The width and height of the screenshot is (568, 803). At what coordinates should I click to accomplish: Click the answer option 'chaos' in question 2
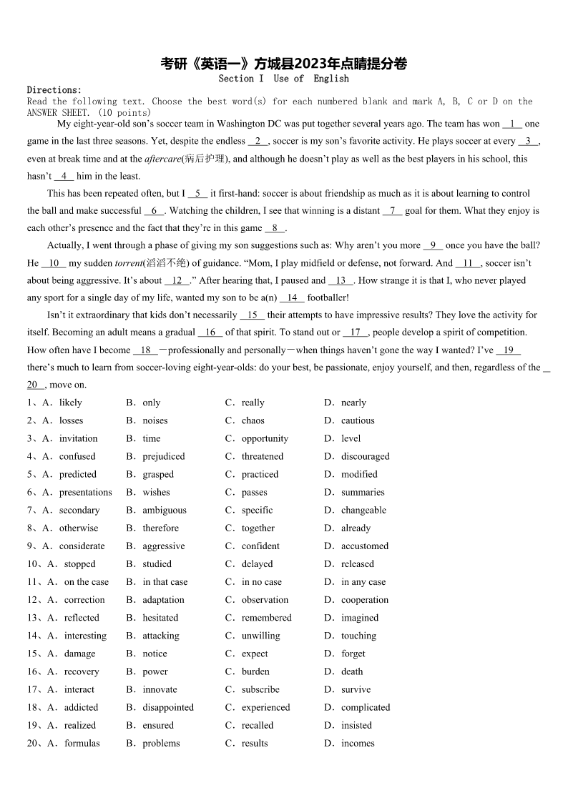tap(253, 420)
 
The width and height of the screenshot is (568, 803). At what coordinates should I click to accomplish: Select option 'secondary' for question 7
tap(79, 510)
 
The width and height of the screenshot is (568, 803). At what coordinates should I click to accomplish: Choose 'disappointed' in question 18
tap(168, 707)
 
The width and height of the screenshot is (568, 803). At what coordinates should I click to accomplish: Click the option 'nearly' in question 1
tap(353, 403)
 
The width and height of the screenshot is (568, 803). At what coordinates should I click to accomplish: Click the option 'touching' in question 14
tap(358, 636)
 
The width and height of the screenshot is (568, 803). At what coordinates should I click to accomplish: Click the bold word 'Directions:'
tap(54, 90)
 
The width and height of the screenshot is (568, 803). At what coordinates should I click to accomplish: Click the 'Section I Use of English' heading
tap(284, 79)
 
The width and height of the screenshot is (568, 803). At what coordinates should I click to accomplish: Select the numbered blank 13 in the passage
tap(341, 280)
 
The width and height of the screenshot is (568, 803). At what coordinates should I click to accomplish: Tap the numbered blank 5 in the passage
tap(197, 193)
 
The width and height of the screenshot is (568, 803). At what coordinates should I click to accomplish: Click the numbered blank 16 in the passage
tap(210, 332)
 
